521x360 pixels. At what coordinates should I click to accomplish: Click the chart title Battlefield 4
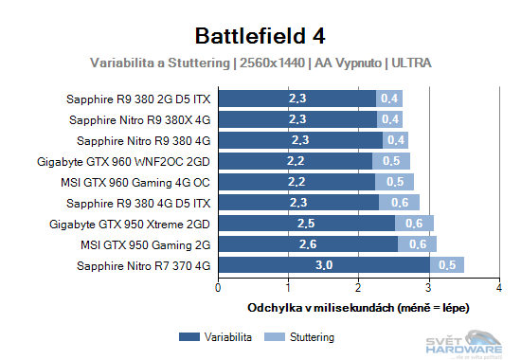pyautogui.click(x=260, y=36)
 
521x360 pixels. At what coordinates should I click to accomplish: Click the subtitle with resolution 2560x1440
pyautogui.click(x=260, y=63)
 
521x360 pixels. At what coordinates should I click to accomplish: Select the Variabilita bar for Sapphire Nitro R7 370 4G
pyautogui.click(x=324, y=266)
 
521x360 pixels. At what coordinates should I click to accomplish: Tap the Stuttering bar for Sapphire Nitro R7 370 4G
pyautogui.click(x=446, y=266)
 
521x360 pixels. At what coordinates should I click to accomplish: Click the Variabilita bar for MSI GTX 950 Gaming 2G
pyautogui.click(x=308, y=244)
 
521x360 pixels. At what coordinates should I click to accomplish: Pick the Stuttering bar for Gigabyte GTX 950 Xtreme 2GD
pyautogui.click(x=414, y=224)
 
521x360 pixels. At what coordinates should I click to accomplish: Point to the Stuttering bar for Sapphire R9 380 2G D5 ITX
pyautogui.click(x=389, y=98)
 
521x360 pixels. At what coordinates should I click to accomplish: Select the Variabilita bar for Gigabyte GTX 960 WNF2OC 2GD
pyautogui.click(x=296, y=161)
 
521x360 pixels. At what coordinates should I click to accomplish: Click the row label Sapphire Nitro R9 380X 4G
pyautogui.click(x=140, y=119)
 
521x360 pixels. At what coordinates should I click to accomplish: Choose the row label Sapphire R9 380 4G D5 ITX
pyautogui.click(x=139, y=203)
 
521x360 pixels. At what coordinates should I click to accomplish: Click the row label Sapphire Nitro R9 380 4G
pyautogui.click(x=143, y=140)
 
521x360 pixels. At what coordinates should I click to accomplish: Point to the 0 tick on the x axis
pyautogui.click(x=219, y=286)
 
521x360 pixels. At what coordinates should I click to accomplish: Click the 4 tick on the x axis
pyautogui.click(x=499, y=286)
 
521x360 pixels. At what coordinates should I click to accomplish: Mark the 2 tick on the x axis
pyautogui.click(x=359, y=286)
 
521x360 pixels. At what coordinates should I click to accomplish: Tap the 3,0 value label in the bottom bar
pyautogui.click(x=323, y=266)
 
